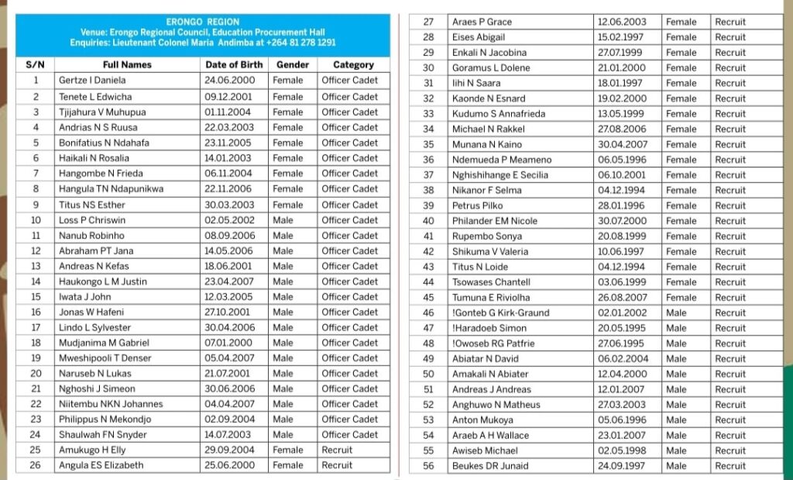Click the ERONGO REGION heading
click(202, 22)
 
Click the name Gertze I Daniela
click(93, 81)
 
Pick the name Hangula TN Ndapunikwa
click(111, 189)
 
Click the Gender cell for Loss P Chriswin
click(283, 220)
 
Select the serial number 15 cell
click(36, 297)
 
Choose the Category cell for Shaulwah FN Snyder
click(349, 435)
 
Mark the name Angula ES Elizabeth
click(101, 465)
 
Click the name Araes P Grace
click(482, 22)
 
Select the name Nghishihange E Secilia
click(499, 175)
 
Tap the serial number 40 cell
click(428, 221)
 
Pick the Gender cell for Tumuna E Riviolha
click(681, 298)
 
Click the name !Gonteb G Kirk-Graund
click(500, 313)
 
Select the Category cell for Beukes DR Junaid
click(730, 466)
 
